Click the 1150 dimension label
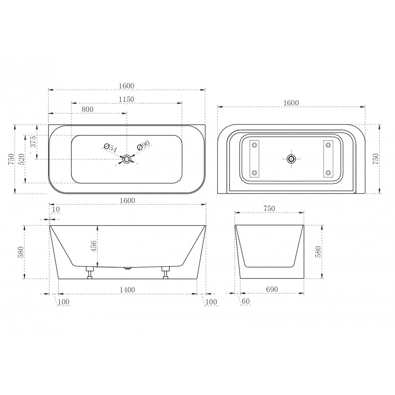(x=126, y=99)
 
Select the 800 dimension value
(x=87, y=109)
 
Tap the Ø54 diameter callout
(x=110, y=148)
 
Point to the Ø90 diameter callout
(x=143, y=145)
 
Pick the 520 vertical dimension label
(x=21, y=159)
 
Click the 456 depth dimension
(x=93, y=246)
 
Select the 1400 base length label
(x=127, y=290)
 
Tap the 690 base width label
(x=272, y=290)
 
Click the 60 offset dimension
(x=246, y=301)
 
